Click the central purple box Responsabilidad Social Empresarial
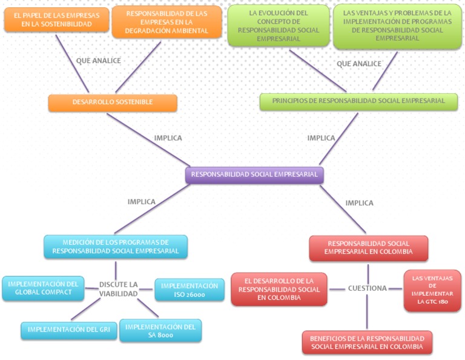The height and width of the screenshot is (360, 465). [254, 175]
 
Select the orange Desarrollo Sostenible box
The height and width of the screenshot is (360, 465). [113, 102]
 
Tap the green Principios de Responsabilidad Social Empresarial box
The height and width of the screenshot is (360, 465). [358, 101]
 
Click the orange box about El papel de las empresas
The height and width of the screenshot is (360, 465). [53, 19]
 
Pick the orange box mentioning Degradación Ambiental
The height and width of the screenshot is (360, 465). [167, 22]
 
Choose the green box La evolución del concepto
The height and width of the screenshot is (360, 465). [278, 25]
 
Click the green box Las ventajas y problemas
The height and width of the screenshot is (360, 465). [397, 25]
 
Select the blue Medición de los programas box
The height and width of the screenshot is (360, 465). [116, 247]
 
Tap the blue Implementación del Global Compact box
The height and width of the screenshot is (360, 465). [43, 288]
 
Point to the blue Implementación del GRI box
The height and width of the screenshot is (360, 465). [68, 330]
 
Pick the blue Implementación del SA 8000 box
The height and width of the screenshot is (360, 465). [160, 330]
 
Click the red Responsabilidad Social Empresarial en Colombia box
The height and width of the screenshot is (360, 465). [368, 248]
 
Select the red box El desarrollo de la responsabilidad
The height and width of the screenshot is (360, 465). [279, 289]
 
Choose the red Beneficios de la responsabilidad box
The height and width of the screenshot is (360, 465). [367, 342]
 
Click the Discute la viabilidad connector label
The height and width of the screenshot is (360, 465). [119, 289]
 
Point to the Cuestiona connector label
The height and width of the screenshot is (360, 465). [367, 288]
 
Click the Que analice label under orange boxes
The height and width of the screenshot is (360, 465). [98, 61]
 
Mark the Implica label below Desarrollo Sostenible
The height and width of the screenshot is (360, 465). [168, 138]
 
